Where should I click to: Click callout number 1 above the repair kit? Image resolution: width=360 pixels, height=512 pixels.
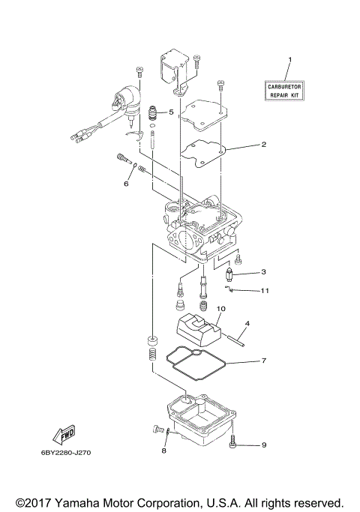click(291, 58)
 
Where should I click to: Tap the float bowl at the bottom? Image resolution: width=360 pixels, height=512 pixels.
click(199, 416)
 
